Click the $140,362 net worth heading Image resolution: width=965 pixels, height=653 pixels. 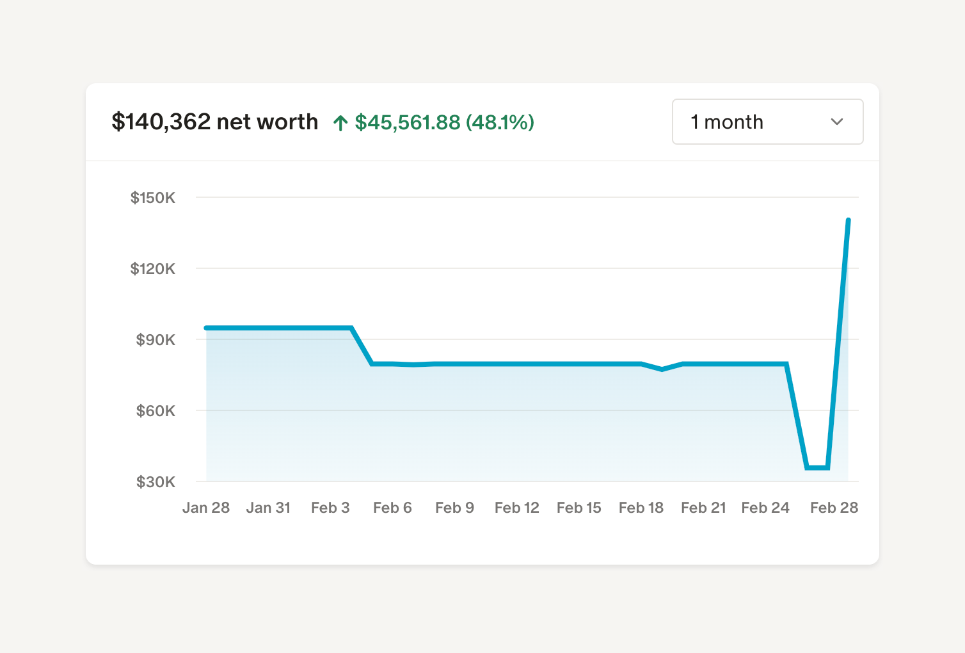[214, 122]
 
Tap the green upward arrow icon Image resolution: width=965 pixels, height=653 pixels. [340, 123]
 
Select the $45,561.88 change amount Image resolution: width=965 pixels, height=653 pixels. [408, 122]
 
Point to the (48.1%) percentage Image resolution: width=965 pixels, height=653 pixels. [500, 122]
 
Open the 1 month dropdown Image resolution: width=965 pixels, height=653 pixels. [767, 122]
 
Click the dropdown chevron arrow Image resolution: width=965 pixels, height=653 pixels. [836, 122]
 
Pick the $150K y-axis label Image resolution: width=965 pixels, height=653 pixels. [153, 198]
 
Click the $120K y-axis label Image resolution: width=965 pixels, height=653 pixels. [153, 269]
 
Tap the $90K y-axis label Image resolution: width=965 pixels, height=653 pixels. [156, 340]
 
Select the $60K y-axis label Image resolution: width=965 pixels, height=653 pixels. [156, 411]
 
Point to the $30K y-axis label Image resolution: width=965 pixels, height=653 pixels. [156, 482]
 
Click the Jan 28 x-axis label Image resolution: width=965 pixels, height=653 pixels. [205, 508]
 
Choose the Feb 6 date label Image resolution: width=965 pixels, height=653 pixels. [392, 508]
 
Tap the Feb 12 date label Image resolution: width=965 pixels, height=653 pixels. [516, 508]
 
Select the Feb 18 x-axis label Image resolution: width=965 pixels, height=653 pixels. [641, 508]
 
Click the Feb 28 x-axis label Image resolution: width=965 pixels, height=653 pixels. [834, 508]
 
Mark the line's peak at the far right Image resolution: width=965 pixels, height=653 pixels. [848, 220]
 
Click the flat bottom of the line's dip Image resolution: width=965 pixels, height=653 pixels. [818, 467]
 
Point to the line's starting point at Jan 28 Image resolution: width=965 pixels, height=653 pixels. [206, 328]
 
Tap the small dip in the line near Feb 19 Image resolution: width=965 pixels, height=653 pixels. [662, 369]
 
